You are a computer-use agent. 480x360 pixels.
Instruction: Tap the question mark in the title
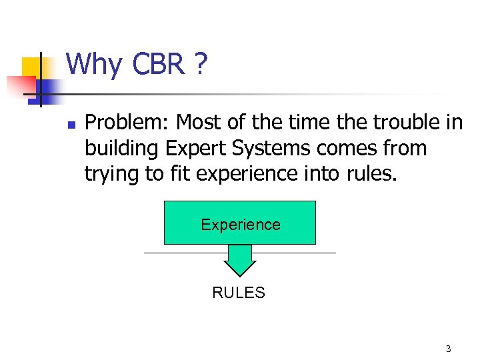(x=201, y=65)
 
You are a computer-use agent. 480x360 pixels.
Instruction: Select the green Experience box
(x=240, y=223)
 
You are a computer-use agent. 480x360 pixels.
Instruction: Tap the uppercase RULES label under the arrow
(x=239, y=293)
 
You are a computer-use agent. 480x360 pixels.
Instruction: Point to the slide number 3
(x=448, y=349)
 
